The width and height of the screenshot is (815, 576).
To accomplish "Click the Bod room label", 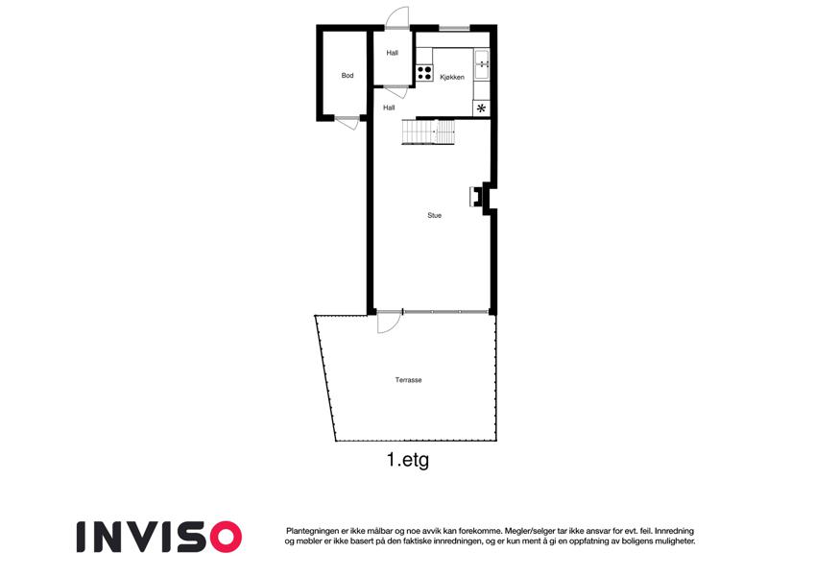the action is point(348,76).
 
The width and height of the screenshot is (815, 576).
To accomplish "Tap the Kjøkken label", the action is point(452,78).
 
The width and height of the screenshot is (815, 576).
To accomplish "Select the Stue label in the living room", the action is point(435,215).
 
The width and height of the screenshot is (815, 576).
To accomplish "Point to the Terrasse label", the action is point(409,380).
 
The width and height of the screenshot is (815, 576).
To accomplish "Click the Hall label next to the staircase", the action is point(389,108).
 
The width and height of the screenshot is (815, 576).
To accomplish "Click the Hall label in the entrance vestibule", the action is point(393,53).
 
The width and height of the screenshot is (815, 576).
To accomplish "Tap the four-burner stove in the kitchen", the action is point(424,73).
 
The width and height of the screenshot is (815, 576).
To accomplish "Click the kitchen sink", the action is point(482,64).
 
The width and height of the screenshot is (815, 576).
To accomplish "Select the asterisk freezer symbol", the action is point(481,108).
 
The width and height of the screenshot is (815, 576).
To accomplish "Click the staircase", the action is point(428,132).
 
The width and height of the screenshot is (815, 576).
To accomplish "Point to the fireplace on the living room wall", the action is point(475,197).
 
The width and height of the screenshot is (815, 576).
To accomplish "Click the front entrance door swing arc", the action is point(397,17).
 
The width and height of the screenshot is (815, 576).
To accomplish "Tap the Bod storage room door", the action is point(347,123).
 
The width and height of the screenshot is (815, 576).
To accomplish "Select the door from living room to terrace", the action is point(389,322).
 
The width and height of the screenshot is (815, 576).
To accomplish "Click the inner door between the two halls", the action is point(396,91).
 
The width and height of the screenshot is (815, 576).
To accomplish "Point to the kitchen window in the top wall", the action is point(454,28).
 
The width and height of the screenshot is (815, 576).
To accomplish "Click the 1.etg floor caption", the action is point(408,460).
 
